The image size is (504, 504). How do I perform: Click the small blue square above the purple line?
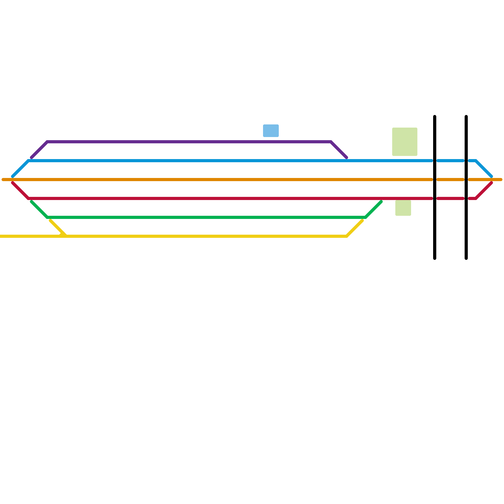[x=271, y=131]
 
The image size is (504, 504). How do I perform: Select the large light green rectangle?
[x=405, y=142]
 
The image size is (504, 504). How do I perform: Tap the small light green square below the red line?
[x=403, y=208]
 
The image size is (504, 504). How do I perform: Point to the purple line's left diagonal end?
[x=32, y=157]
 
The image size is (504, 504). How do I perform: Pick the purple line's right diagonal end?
[x=346, y=157]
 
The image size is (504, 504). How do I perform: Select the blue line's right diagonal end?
[x=491, y=176]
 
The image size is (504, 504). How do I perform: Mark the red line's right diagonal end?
[x=491, y=183]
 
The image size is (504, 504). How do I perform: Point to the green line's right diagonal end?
[x=381, y=202]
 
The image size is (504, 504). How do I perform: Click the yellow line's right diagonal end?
[x=362, y=221]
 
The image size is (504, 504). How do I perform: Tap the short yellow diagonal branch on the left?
[x=57, y=227]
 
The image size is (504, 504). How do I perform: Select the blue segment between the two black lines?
[x=450, y=161]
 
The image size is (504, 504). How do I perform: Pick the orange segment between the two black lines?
[x=450, y=180]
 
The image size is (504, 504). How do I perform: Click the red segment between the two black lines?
[x=450, y=198]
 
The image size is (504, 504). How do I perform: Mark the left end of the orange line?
[x=3, y=180]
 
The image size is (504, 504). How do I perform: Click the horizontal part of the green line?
[x=205, y=217]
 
